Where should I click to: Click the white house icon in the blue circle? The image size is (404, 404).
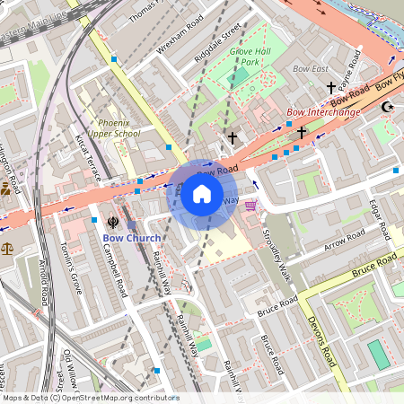(x=202, y=193)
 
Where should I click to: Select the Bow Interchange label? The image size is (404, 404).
(x=322, y=112)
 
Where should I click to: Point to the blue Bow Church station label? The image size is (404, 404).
(x=131, y=238)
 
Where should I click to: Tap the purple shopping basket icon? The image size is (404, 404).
(x=250, y=205)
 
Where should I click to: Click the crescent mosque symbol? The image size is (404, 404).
(x=388, y=107)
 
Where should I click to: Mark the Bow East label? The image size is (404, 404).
(x=311, y=68)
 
